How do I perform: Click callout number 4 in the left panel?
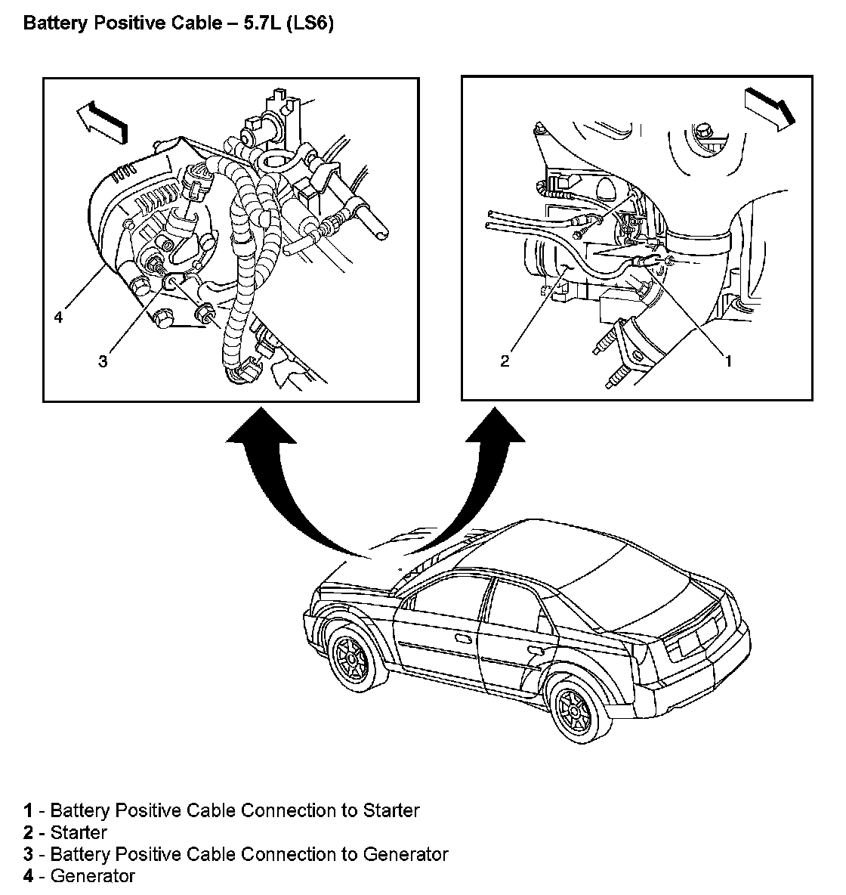click(x=57, y=317)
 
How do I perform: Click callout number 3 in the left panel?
click(x=102, y=361)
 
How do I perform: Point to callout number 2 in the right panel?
click(x=505, y=361)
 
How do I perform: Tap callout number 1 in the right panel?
click(x=728, y=361)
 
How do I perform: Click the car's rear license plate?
click(x=693, y=644)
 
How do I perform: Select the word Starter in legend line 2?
click(x=79, y=832)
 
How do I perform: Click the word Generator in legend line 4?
click(x=92, y=876)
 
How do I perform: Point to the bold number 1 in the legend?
click(x=28, y=810)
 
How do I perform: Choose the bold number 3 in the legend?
click(x=28, y=854)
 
